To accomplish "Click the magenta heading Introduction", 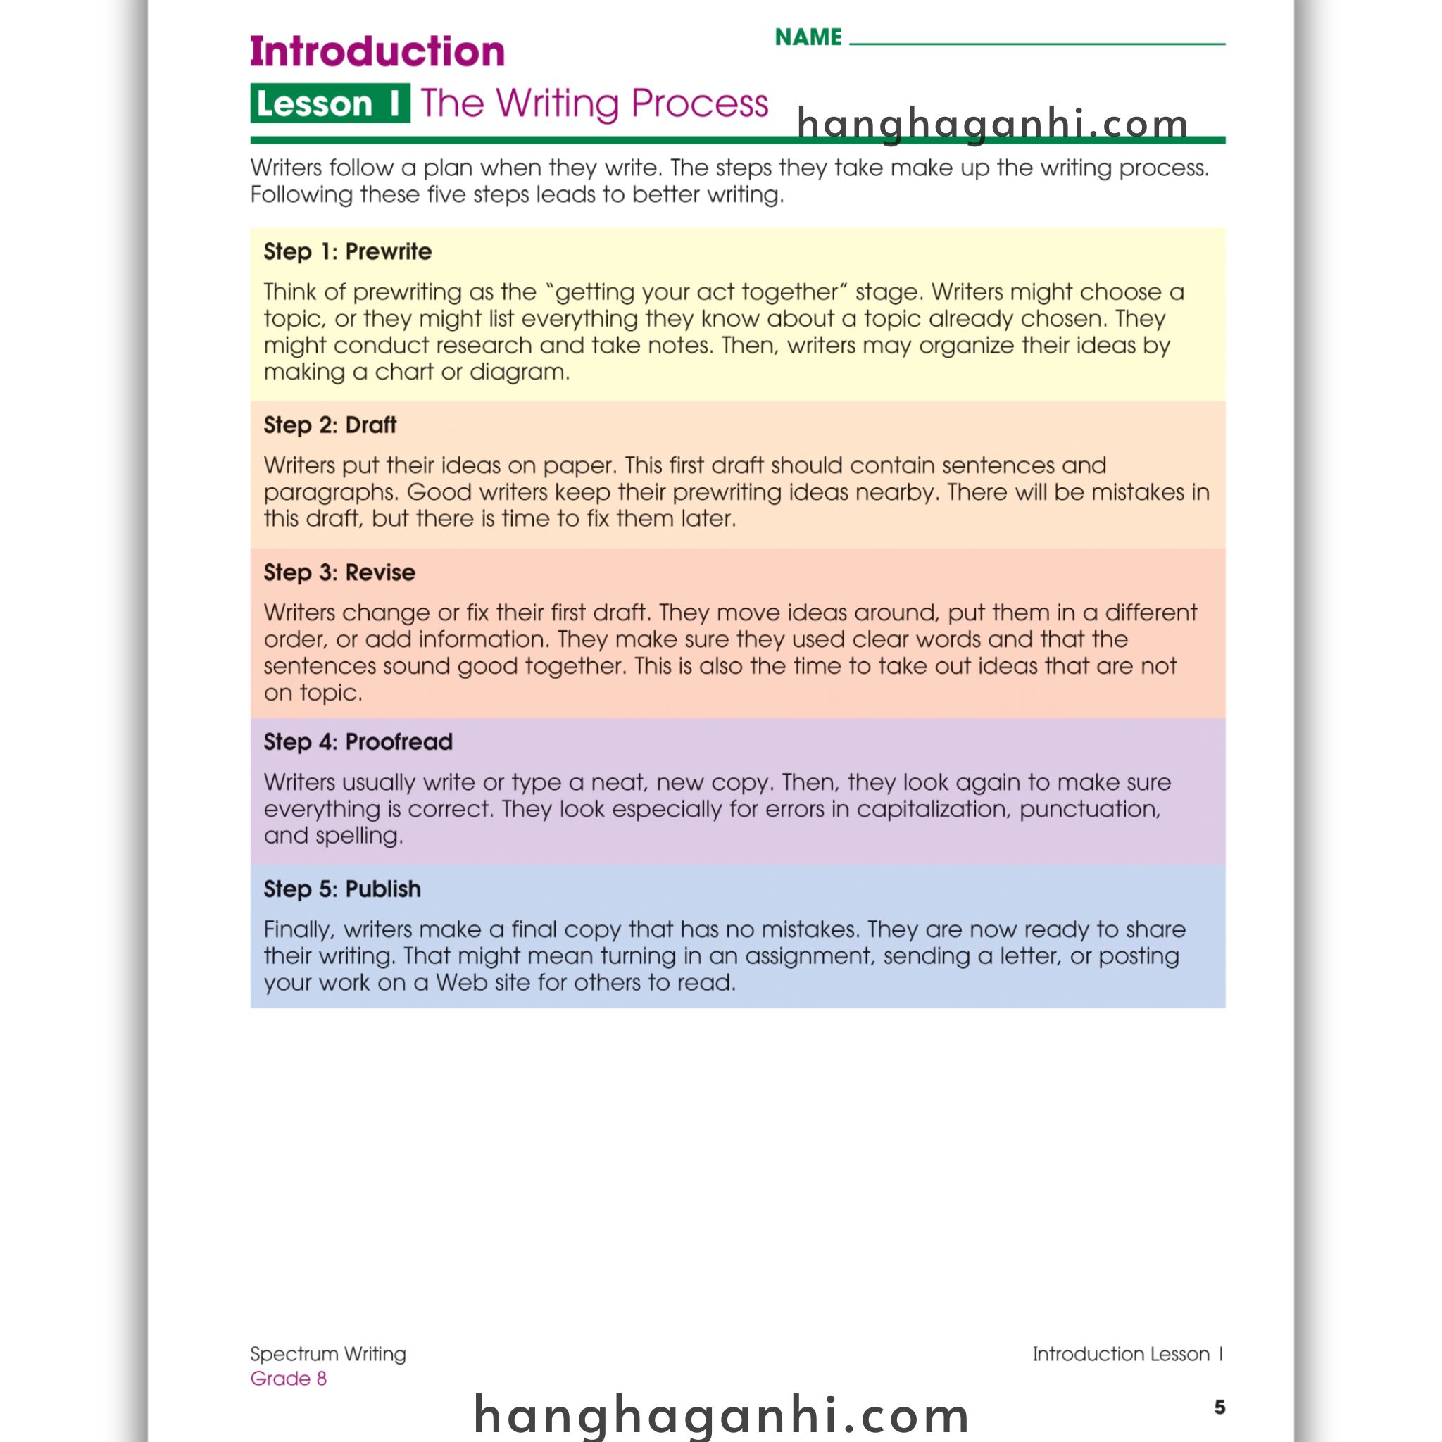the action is point(377,51).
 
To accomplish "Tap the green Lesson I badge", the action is point(329,103).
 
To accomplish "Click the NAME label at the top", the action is point(808,37).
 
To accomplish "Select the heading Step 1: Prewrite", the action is point(347,251).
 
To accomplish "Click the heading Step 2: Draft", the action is point(330,425).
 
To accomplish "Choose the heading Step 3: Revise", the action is point(339,572).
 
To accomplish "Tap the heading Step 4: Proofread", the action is point(358,742).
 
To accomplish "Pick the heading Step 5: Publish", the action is point(341,889).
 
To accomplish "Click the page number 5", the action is point(1220,1407).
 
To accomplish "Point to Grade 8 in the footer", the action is point(288,1379).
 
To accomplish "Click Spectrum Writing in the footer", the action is point(327,1354).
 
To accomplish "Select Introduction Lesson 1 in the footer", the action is point(1127,1354).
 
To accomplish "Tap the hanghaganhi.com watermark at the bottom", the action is point(721,1415).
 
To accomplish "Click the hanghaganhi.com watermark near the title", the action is point(993,123).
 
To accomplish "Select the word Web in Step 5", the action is point(460,982).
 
